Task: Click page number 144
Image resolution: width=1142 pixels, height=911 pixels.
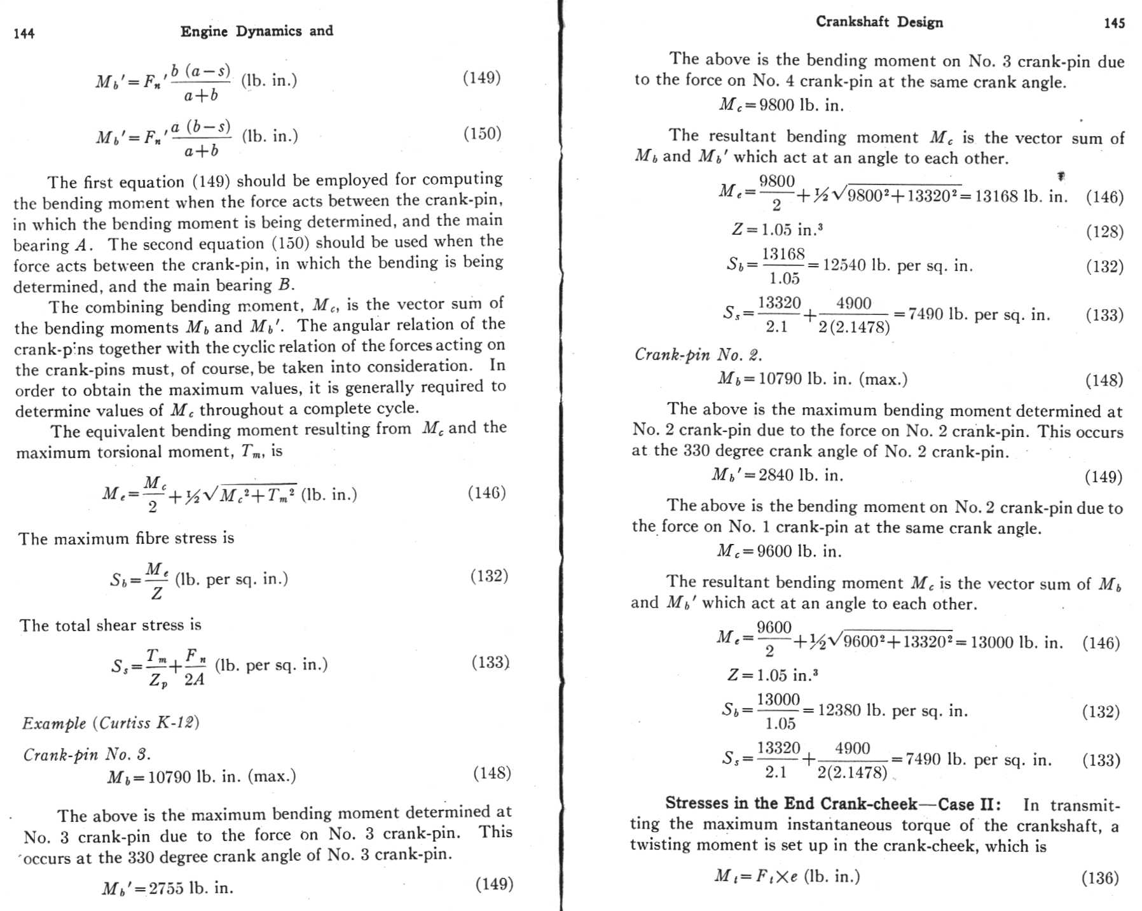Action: coord(24,34)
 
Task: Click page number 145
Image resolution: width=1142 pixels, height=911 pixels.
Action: coord(1114,24)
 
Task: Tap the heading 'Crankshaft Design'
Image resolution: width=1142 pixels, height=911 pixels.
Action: coord(879,22)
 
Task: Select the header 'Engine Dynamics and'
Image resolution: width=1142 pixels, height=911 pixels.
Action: coord(256,31)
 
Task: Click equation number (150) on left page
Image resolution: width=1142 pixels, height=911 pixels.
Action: coord(482,134)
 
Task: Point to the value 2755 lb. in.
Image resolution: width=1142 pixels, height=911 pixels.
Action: coord(191,888)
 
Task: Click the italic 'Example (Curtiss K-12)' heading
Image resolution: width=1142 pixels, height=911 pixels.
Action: coord(111,723)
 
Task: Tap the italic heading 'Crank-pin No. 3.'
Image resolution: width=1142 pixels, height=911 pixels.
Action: coord(87,755)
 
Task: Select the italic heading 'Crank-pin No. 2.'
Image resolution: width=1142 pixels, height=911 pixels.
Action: coord(698,354)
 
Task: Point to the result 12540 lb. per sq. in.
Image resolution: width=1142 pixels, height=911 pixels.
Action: coord(897,265)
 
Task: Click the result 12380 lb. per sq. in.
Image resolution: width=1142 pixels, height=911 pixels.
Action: coord(893,711)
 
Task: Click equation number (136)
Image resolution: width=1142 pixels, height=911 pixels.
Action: coord(1099,879)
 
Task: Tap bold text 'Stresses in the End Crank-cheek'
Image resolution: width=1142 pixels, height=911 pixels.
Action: coord(790,803)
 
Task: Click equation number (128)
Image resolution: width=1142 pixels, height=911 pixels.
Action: coord(1104,232)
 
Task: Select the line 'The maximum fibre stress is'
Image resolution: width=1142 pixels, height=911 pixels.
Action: coord(126,539)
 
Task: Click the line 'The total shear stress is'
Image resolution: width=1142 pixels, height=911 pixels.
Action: coord(110,625)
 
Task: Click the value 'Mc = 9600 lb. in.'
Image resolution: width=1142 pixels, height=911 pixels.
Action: coord(779,551)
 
